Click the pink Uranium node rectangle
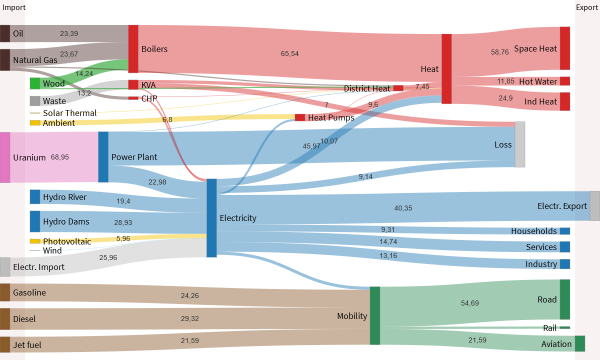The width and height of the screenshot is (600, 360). (5, 157)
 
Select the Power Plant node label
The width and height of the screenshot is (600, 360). (134, 157)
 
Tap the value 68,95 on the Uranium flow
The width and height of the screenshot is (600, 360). (60, 157)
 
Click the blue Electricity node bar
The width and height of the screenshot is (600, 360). (211, 218)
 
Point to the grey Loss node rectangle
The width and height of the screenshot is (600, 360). (520, 144)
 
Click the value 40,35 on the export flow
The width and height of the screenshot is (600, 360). (403, 208)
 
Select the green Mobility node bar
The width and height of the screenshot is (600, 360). (375, 315)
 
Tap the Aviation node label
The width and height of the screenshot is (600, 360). (556, 344)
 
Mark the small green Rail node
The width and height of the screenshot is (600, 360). (564, 328)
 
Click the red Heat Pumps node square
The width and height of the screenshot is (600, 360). (300, 117)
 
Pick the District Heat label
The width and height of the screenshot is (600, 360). (366, 88)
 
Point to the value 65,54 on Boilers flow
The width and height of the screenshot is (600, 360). (289, 53)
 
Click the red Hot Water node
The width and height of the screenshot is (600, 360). (564, 81)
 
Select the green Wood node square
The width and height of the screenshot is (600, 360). (35, 83)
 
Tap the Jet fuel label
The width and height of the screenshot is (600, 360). (27, 345)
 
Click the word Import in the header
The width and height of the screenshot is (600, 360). (14, 7)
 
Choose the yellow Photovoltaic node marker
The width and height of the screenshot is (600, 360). (35, 241)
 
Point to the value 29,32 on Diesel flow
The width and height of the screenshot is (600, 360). (190, 318)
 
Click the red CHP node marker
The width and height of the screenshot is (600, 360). (133, 98)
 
